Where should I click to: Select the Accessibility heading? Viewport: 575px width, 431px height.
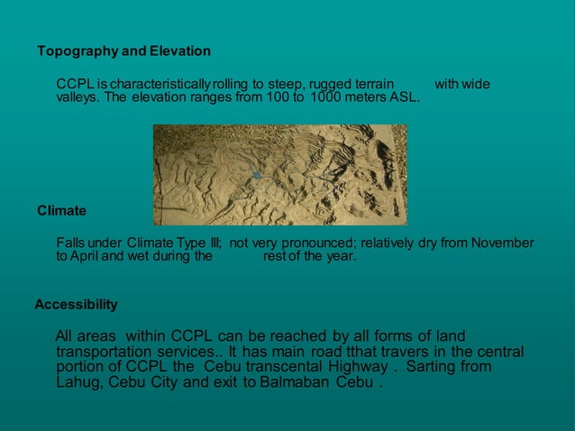[x=76, y=305]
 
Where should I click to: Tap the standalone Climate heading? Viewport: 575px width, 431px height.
[x=62, y=211]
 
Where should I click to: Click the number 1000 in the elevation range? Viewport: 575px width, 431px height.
[x=325, y=97]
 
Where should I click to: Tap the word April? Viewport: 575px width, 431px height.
[x=88, y=256]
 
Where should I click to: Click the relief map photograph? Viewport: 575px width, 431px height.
[x=279, y=174]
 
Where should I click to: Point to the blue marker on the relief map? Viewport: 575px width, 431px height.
[x=256, y=175]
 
